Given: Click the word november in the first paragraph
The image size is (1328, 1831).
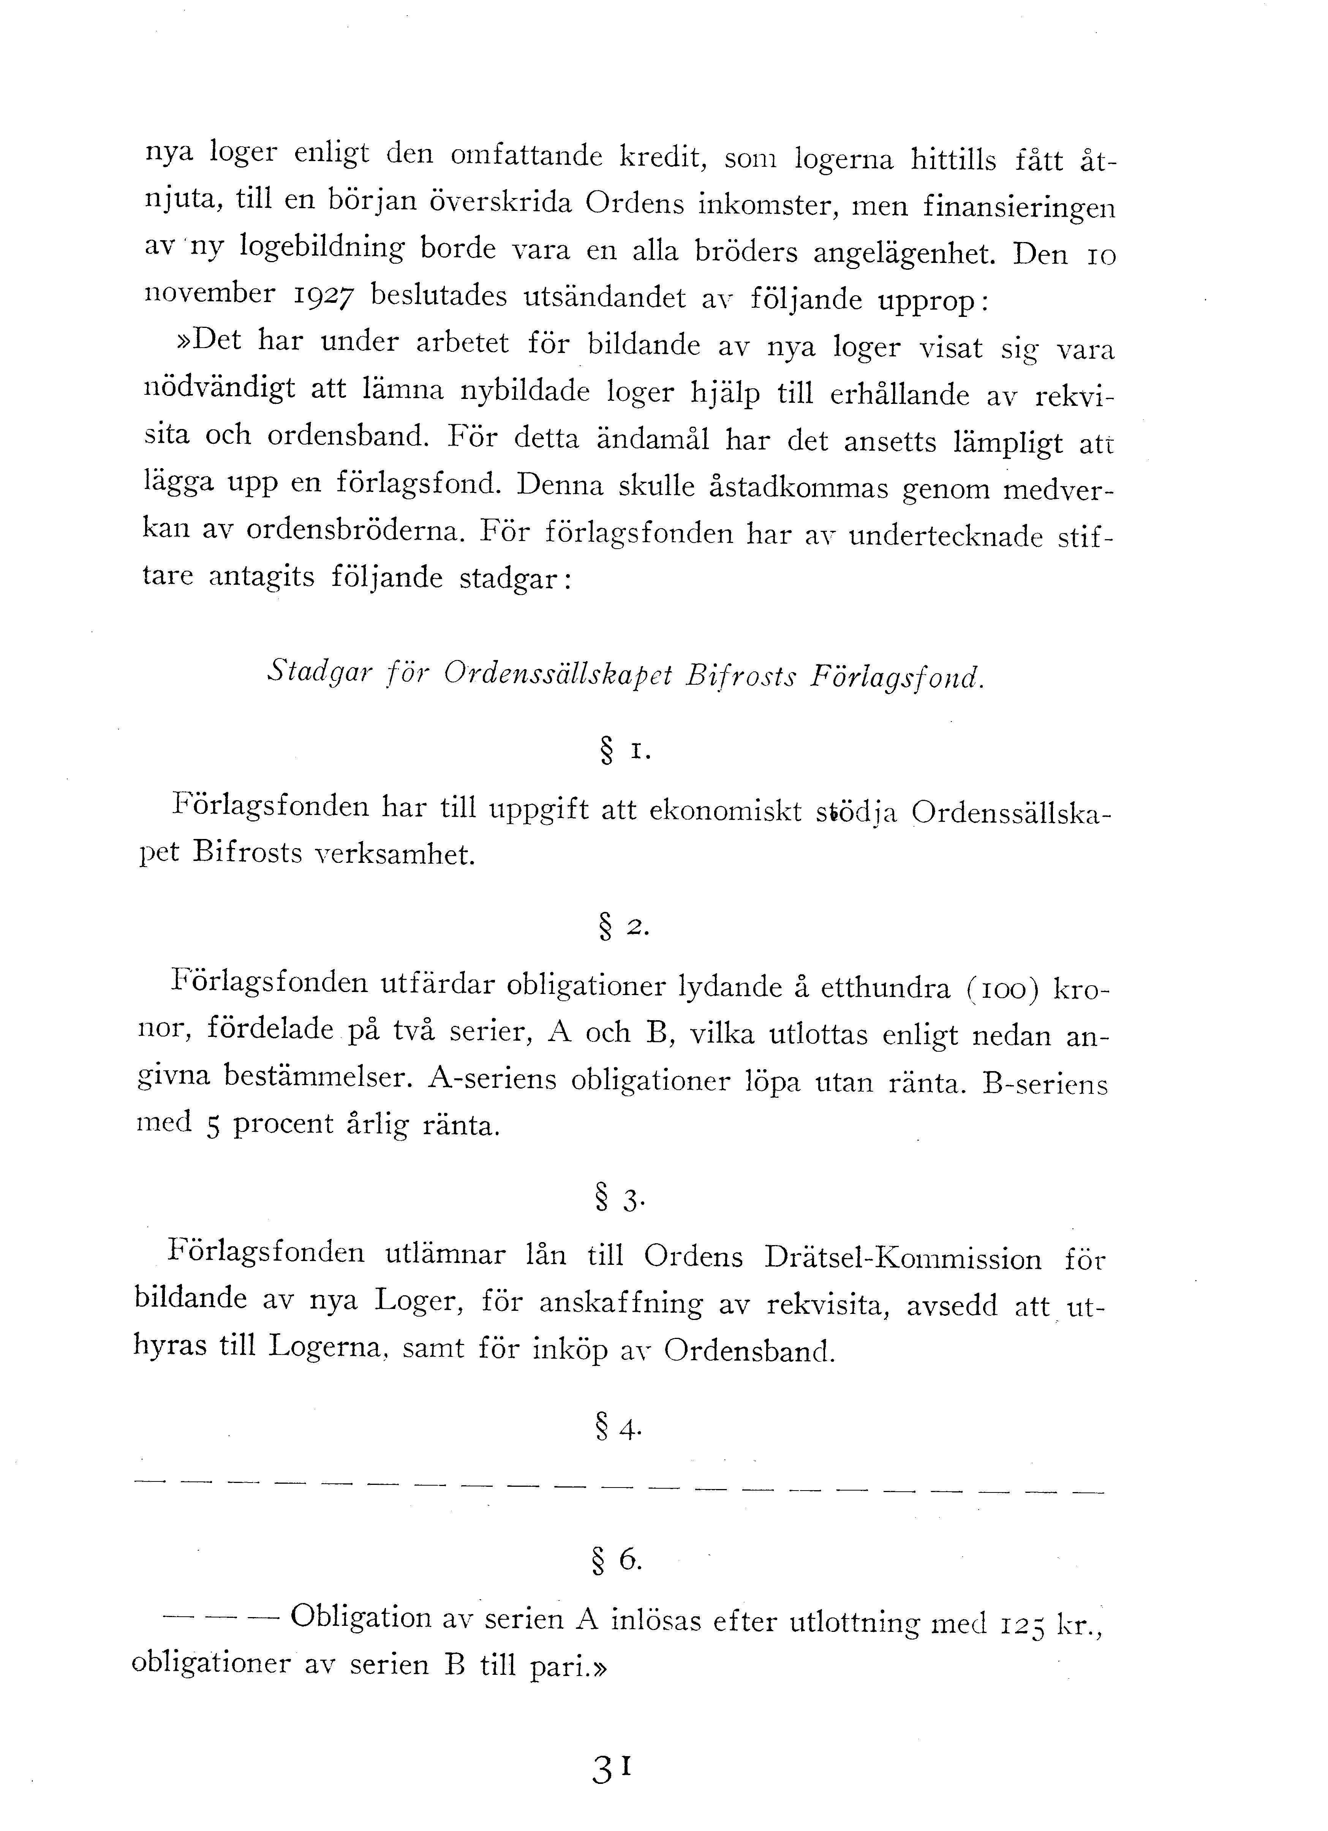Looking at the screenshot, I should [x=209, y=293].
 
